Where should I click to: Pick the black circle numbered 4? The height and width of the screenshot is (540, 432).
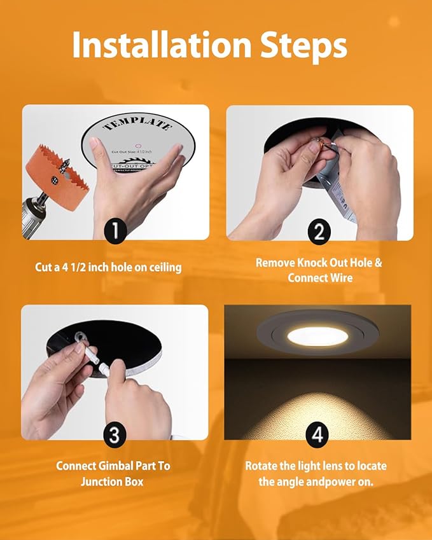[x=317, y=435]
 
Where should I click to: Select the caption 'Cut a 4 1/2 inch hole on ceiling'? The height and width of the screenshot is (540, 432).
[x=108, y=267]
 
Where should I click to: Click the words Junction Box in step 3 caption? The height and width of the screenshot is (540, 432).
[x=112, y=481]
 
